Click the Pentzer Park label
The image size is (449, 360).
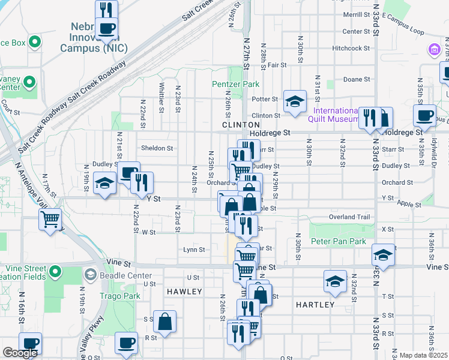coord(235,85)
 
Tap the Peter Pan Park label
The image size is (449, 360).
coord(338,241)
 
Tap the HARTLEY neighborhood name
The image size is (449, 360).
coord(315,305)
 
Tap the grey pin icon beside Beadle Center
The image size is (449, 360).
coord(90,274)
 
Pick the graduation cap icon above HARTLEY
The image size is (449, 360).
coord(335,281)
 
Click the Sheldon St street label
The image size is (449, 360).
coord(157,148)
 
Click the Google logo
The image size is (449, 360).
coord(20,353)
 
